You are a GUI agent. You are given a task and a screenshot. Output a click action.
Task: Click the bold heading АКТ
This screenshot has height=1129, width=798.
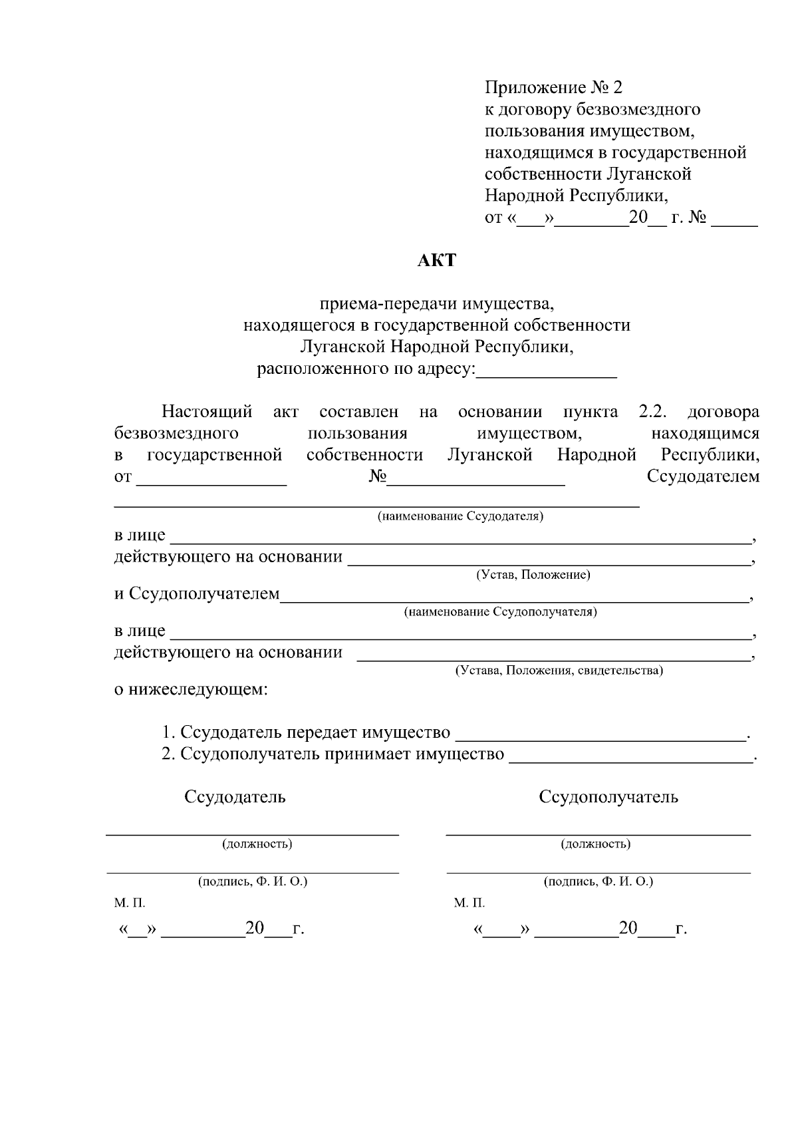click(437, 260)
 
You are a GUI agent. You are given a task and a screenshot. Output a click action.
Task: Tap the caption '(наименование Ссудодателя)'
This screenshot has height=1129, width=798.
click(460, 516)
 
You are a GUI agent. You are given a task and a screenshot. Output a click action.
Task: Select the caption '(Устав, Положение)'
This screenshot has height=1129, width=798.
click(533, 574)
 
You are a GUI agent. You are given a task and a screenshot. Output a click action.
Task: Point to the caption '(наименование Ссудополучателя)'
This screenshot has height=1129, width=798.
click(500, 611)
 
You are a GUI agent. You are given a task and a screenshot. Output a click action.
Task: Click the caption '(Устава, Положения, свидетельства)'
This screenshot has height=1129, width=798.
click(559, 670)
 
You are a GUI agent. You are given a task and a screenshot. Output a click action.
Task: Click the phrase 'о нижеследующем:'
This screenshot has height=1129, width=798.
click(191, 689)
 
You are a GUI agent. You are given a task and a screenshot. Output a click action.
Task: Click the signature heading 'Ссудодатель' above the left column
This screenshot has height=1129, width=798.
click(235, 797)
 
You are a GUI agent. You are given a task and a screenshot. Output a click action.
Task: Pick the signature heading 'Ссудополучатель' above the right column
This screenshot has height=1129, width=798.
click(608, 797)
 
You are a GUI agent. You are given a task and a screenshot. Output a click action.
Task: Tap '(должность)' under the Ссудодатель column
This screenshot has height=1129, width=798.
click(257, 844)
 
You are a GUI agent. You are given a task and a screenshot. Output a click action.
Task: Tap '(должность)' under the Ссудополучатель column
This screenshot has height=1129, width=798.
click(596, 844)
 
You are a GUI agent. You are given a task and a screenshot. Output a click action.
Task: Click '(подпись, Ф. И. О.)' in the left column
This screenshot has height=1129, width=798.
click(253, 882)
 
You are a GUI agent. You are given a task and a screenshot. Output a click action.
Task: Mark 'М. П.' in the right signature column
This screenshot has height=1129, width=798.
click(469, 903)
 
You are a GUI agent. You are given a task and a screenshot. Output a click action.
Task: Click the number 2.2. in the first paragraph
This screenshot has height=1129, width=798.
click(653, 412)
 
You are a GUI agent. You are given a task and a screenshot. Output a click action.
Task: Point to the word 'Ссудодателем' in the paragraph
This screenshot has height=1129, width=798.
click(703, 476)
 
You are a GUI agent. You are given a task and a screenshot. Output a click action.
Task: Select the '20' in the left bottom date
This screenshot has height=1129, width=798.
click(255, 928)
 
